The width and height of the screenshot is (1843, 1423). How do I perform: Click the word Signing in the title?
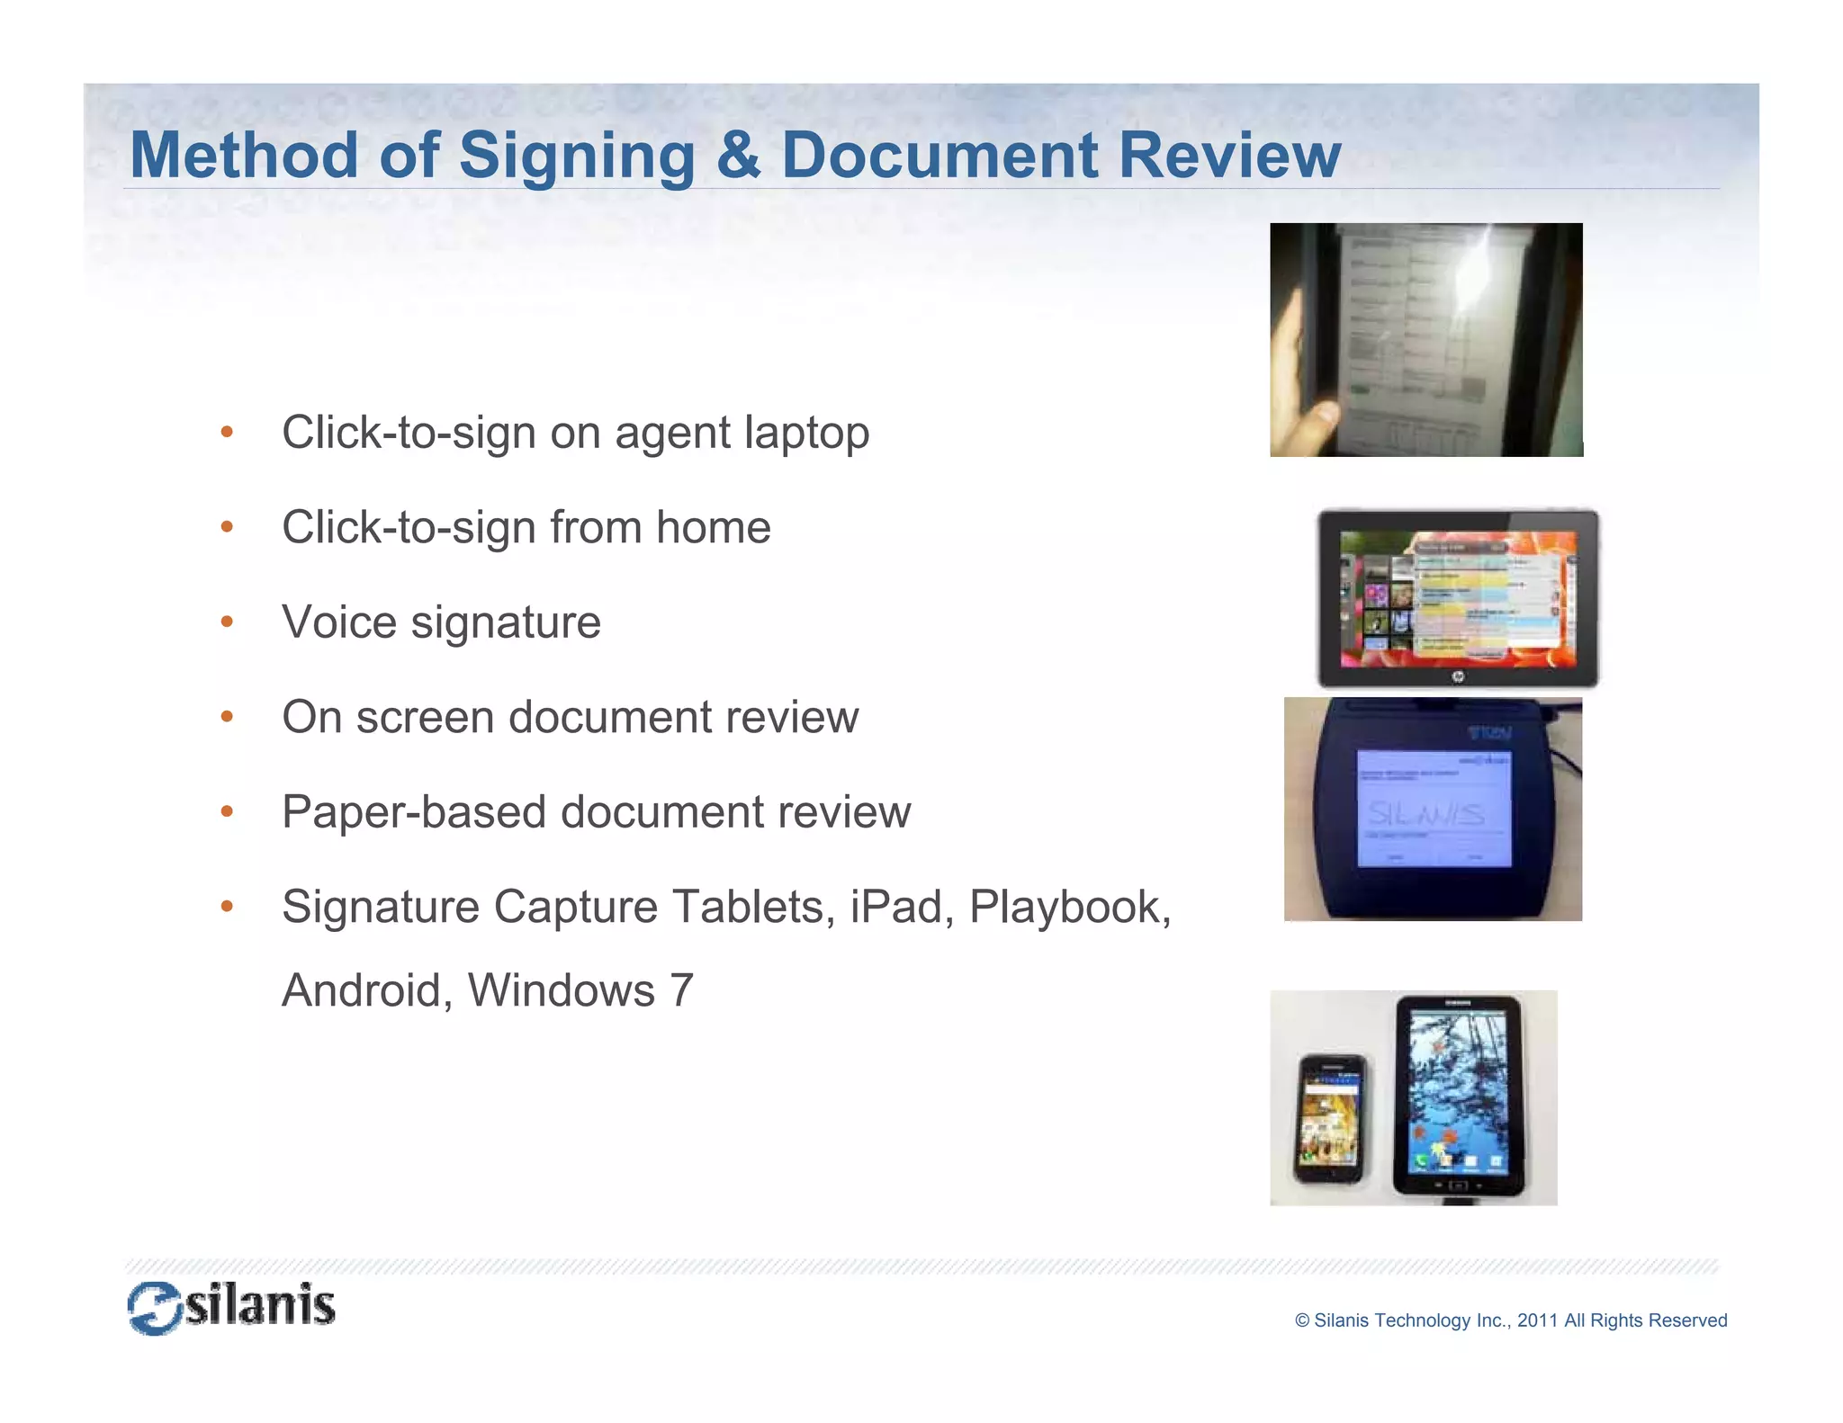coord(577,157)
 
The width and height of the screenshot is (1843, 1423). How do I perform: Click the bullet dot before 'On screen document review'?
coord(227,717)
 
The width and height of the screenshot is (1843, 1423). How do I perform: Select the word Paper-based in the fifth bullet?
coord(414,812)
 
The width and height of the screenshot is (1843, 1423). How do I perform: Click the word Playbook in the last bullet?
coord(1069,907)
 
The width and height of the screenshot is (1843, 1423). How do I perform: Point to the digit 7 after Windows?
coord(681,991)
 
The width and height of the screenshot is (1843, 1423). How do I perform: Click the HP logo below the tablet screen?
coord(1458,676)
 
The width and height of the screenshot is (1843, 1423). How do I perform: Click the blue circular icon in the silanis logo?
coord(155,1308)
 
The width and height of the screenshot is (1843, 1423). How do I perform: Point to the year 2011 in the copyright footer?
coord(1537,1320)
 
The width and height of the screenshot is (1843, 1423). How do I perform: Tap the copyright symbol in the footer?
coord(1302,1320)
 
